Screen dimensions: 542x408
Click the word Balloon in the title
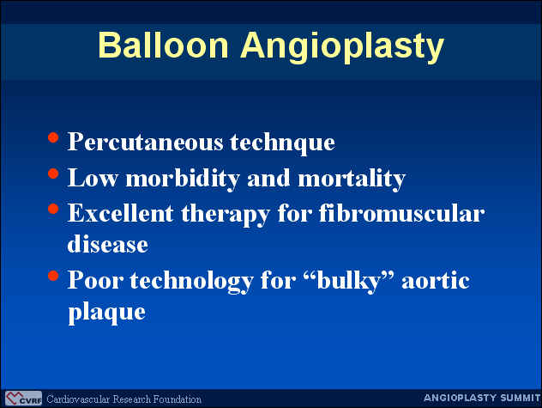[x=163, y=45]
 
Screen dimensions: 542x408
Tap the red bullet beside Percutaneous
[x=53, y=137]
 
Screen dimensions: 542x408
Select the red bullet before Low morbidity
[x=53, y=174]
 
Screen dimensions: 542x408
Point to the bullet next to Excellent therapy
[x=53, y=209]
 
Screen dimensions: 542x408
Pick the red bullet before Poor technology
[x=53, y=276]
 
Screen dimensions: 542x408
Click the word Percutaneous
[x=145, y=142]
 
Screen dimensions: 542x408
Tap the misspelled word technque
[x=282, y=142]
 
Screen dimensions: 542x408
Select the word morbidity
[x=183, y=178]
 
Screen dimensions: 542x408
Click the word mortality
[x=352, y=178]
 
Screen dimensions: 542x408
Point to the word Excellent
[x=121, y=213]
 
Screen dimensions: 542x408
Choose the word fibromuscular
[x=401, y=213]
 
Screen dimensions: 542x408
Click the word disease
[x=108, y=244]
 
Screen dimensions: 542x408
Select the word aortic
[x=435, y=281]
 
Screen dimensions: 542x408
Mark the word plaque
[x=107, y=313]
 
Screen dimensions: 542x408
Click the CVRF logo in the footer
[x=23, y=399]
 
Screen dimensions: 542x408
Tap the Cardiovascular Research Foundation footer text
[x=123, y=399]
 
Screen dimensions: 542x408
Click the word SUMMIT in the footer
[x=521, y=398]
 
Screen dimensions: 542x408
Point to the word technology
[x=191, y=281]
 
